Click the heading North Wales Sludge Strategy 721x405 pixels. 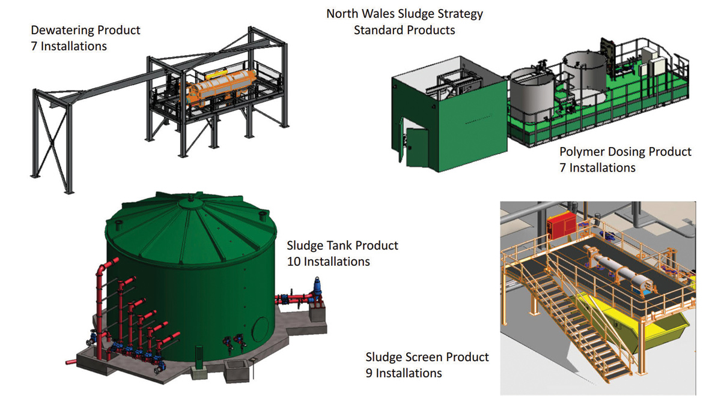404,13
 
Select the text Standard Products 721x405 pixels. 404,29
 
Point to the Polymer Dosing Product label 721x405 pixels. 625,152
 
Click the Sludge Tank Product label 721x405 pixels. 342,245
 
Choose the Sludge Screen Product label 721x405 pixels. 427,357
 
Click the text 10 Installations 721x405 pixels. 328,262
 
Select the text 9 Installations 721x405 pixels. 404,373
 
